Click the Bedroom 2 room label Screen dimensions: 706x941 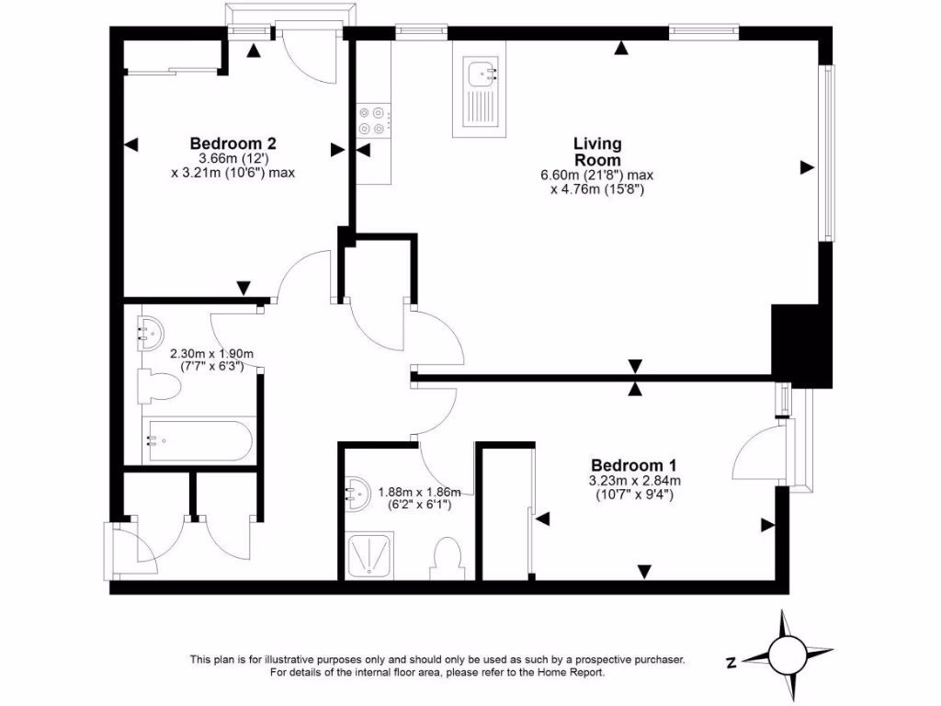click(233, 143)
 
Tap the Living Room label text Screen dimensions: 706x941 click(597, 152)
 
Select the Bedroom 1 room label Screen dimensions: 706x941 click(634, 465)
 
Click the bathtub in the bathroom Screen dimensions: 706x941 click(198, 440)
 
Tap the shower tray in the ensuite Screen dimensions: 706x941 click(371, 555)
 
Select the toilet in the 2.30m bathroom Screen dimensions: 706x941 click(157, 387)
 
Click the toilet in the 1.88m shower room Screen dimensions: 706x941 click(448, 558)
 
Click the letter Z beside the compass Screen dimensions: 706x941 click(731, 662)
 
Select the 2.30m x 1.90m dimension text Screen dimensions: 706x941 click(211, 353)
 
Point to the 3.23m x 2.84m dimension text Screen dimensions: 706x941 click(634, 480)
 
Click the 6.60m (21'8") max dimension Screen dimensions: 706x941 click(596, 175)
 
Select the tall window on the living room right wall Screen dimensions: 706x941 click(829, 153)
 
